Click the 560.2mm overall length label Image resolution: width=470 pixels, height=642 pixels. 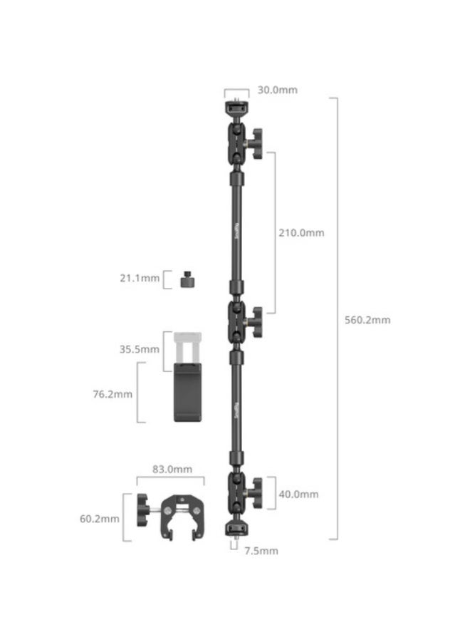tap(367, 320)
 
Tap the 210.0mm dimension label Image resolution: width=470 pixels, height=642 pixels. tap(301, 232)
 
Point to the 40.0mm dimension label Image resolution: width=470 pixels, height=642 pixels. tap(298, 494)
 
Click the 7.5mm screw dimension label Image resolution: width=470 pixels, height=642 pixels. tap(260, 551)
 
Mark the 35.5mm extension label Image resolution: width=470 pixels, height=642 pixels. tap(140, 349)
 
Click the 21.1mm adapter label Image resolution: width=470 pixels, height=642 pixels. tap(140, 277)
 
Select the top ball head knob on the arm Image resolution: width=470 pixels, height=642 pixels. tap(256, 140)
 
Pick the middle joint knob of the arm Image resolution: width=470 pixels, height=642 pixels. tap(256, 319)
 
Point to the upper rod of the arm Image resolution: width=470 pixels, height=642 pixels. tap(236, 228)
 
